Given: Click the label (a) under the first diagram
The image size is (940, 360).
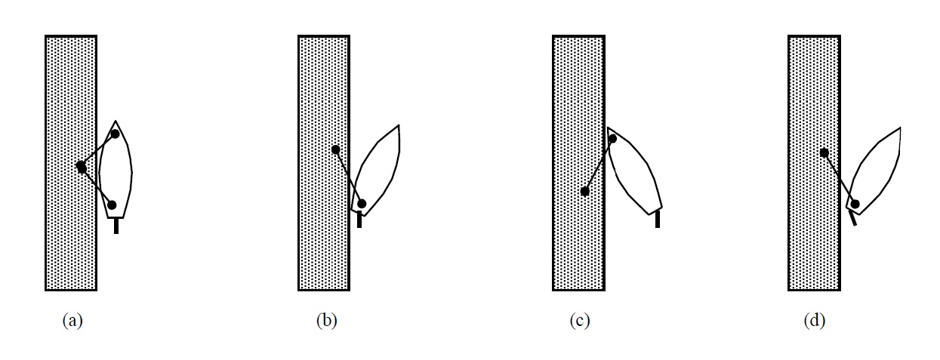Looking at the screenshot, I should coord(72,321).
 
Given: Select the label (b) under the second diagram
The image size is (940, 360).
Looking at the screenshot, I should coord(326,321).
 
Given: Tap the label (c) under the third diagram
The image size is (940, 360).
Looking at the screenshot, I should coord(579,321).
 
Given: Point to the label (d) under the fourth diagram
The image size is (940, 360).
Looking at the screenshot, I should coord(815,321).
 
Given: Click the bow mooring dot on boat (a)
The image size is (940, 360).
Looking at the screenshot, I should coord(115,134).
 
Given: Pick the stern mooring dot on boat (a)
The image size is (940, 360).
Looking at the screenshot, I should coord(112,205).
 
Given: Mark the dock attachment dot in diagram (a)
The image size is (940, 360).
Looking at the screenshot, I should coord(81,167).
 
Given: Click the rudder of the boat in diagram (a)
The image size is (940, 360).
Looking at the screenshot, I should coord(116,225).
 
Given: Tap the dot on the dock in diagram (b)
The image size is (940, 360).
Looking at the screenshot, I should coord(335,149).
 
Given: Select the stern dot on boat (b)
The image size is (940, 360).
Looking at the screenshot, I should coord(362,204).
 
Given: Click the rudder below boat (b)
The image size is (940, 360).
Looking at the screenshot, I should coord(359,220).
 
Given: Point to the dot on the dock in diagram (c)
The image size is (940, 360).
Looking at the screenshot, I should coord(584,192).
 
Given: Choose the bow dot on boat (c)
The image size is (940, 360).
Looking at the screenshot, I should coord(612,138).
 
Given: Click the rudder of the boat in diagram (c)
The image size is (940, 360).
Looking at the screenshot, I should coord(658,219).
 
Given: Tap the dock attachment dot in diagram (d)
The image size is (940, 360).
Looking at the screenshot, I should coord(824,152).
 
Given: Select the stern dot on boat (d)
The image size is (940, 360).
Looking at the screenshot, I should coord(855,203).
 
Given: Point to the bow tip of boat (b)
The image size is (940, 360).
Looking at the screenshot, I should coord(398,125).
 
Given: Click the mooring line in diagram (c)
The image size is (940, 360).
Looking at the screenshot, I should coord(598,165).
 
